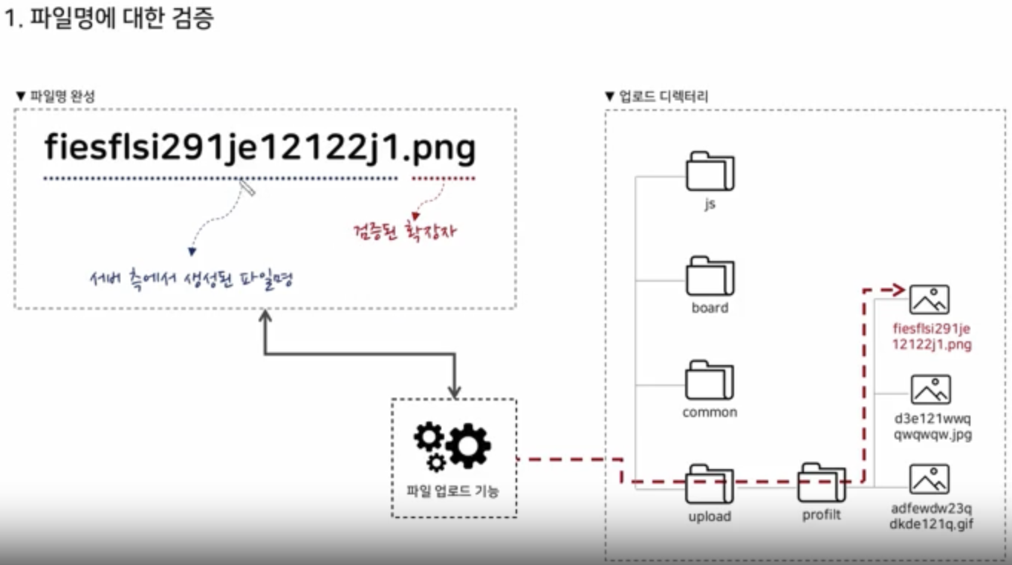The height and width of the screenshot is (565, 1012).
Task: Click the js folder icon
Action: tap(710, 172)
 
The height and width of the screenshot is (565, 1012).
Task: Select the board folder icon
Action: tap(710, 276)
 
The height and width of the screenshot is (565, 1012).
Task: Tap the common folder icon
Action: tap(710, 380)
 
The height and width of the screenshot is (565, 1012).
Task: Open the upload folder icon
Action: tap(710, 484)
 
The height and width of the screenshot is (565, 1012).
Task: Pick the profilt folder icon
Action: tap(822, 483)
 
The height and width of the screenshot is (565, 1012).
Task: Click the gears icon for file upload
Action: tap(452, 446)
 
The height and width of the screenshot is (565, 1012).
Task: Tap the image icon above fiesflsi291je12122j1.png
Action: tap(930, 300)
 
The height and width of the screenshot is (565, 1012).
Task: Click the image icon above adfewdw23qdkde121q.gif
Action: tap(930, 480)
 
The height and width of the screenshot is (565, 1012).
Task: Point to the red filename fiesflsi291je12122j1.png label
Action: tap(932, 336)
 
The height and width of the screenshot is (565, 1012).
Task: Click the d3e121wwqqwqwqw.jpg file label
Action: tap(932, 426)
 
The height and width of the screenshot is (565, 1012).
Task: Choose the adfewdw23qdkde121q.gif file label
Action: tap(932, 517)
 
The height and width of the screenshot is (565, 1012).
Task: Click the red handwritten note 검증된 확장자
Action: tap(404, 232)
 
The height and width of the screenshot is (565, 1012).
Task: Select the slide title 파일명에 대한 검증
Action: tap(108, 18)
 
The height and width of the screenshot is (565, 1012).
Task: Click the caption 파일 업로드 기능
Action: tap(453, 491)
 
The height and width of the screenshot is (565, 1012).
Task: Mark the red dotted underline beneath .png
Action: tap(444, 179)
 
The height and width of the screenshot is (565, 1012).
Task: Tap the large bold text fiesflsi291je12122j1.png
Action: tap(259, 148)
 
